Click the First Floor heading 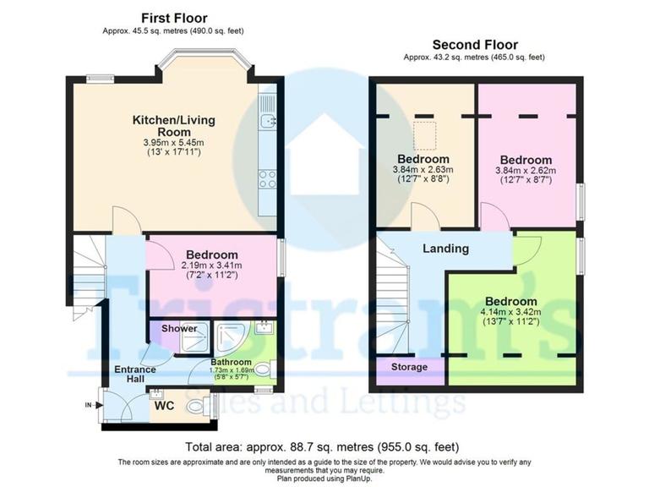pyautogui.click(x=174, y=18)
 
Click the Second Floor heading pyautogui.click(x=475, y=45)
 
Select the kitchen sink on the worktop pyautogui.click(x=270, y=121)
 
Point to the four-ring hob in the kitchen pyautogui.click(x=269, y=178)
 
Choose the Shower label pyautogui.click(x=179, y=328)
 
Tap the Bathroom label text pyautogui.click(x=230, y=361)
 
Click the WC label pyautogui.click(x=164, y=404)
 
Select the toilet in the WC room pyautogui.click(x=197, y=407)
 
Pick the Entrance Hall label pyautogui.click(x=135, y=375)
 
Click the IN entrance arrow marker pyautogui.click(x=89, y=406)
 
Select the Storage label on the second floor pyautogui.click(x=409, y=367)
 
